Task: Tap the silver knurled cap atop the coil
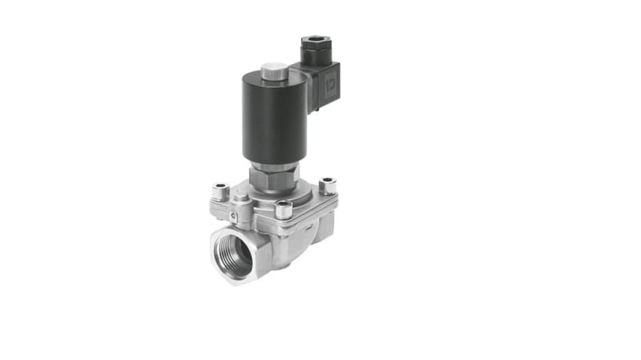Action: pos(275,72)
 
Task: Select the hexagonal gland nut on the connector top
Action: pos(314,44)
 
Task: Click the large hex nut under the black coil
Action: pos(275,178)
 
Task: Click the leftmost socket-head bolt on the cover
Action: pos(220,192)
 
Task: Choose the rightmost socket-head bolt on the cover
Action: pos(327,187)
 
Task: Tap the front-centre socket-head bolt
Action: pos(284,210)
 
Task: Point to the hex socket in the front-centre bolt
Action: pos(284,205)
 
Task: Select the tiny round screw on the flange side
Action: pos(232,216)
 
